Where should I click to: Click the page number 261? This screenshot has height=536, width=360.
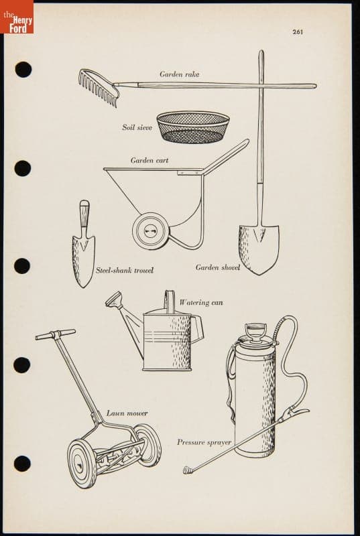[298, 31]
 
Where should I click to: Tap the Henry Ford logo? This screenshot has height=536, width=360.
[17, 17]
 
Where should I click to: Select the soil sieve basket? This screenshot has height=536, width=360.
[193, 127]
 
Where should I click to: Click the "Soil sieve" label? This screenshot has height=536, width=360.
[137, 127]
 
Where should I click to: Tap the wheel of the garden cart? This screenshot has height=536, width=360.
[150, 231]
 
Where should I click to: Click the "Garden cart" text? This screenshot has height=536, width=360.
[149, 160]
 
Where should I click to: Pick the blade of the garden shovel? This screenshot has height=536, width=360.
[259, 249]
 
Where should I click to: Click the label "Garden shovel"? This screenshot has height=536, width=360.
[218, 267]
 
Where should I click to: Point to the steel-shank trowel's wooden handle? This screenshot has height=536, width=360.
[84, 213]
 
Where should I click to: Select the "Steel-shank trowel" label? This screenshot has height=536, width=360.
[125, 271]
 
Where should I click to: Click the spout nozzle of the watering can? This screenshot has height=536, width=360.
[113, 299]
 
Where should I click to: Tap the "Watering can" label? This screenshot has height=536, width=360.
[201, 303]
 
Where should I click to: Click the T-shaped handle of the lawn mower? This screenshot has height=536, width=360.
[56, 334]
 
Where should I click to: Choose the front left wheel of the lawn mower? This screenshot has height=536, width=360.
[82, 464]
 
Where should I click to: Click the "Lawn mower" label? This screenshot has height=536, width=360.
[127, 413]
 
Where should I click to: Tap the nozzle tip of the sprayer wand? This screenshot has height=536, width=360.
[187, 470]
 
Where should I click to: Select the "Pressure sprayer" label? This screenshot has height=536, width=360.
[204, 442]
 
